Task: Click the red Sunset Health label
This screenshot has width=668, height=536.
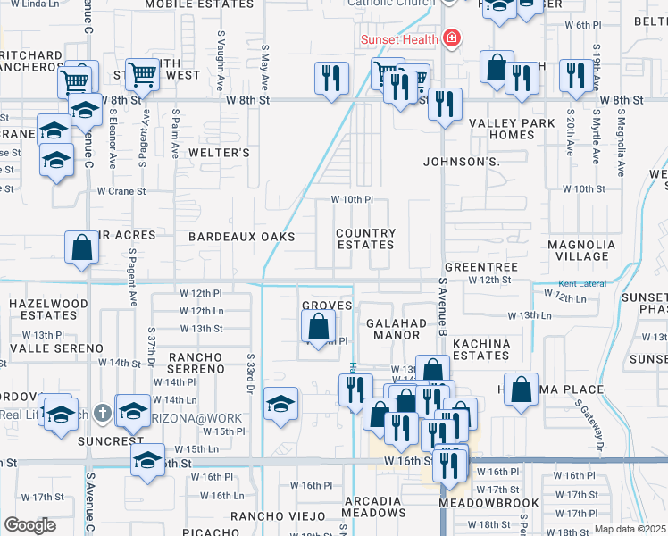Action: point(399,39)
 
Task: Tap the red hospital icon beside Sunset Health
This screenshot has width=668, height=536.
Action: point(452,38)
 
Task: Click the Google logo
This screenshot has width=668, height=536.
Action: point(29,524)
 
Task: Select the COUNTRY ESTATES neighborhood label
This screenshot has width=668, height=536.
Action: point(365,239)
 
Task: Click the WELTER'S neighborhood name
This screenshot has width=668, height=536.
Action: point(219,153)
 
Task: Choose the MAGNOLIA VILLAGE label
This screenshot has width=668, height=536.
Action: point(581,250)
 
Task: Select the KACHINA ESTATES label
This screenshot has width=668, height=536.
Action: point(481,349)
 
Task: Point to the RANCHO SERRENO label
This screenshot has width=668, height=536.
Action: point(195,364)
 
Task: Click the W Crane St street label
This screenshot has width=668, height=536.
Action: point(121,191)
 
